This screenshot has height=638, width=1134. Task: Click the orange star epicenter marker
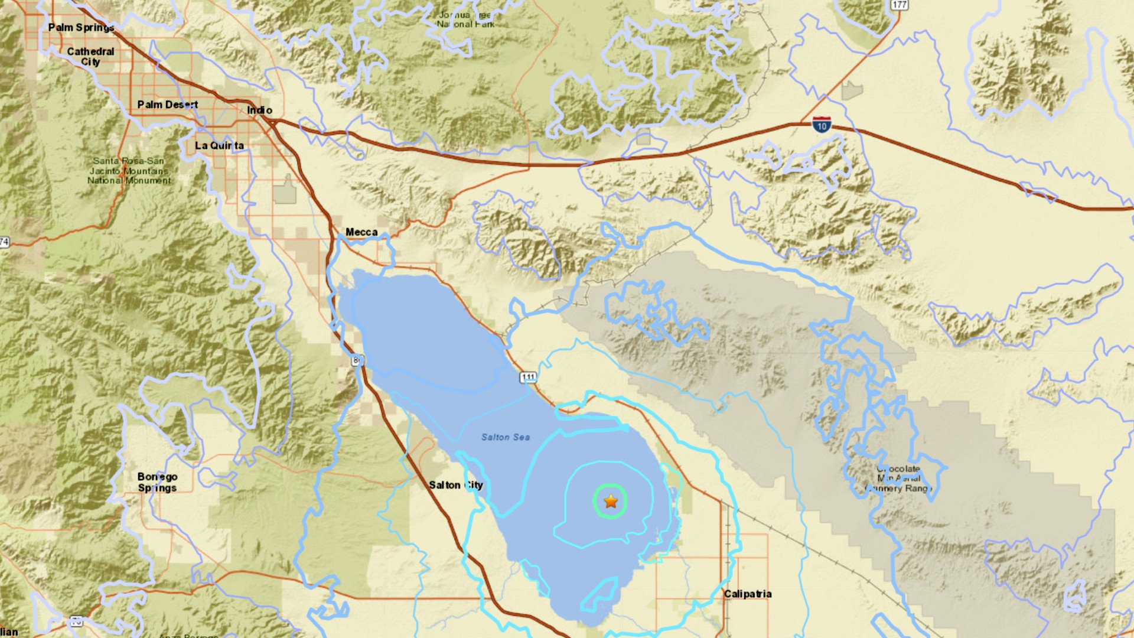pyautogui.click(x=611, y=502)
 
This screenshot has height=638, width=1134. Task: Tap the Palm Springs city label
pyautogui.click(x=81, y=27)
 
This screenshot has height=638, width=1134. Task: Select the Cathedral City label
pyautogui.click(x=90, y=57)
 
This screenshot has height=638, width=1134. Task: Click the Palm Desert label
pyautogui.click(x=168, y=105)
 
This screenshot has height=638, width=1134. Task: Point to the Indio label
pyautogui.click(x=259, y=110)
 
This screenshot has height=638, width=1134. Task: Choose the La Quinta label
pyautogui.click(x=219, y=145)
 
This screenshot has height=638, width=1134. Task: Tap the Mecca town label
pyautogui.click(x=361, y=232)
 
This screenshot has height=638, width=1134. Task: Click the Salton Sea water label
pyautogui.click(x=505, y=437)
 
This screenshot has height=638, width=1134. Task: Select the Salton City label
pyautogui.click(x=455, y=485)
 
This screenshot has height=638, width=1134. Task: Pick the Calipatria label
pyautogui.click(x=748, y=594)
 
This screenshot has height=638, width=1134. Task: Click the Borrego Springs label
pyautogui.click(x=157, y=482)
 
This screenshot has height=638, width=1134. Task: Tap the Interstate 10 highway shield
pyautogui.click(x=822, y=125)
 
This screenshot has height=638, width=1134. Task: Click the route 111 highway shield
pyautogui.click(x=528, y=377)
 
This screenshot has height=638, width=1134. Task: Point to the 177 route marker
pyautogui.click(x=899, y=5)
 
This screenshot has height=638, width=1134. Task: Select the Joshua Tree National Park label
pyautogui.click(x=465, y=19)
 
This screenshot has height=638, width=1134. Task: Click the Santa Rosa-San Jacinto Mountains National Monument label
pyautogui.click(x=129, y=171)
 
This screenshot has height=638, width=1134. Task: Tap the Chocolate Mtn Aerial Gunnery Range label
pyautogui.click(x=899, y=479)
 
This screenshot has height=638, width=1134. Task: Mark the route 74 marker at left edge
pyautogui.click(x=4, y=242)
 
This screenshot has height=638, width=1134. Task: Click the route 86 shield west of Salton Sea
pyautogui.click(x=357, y=360)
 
